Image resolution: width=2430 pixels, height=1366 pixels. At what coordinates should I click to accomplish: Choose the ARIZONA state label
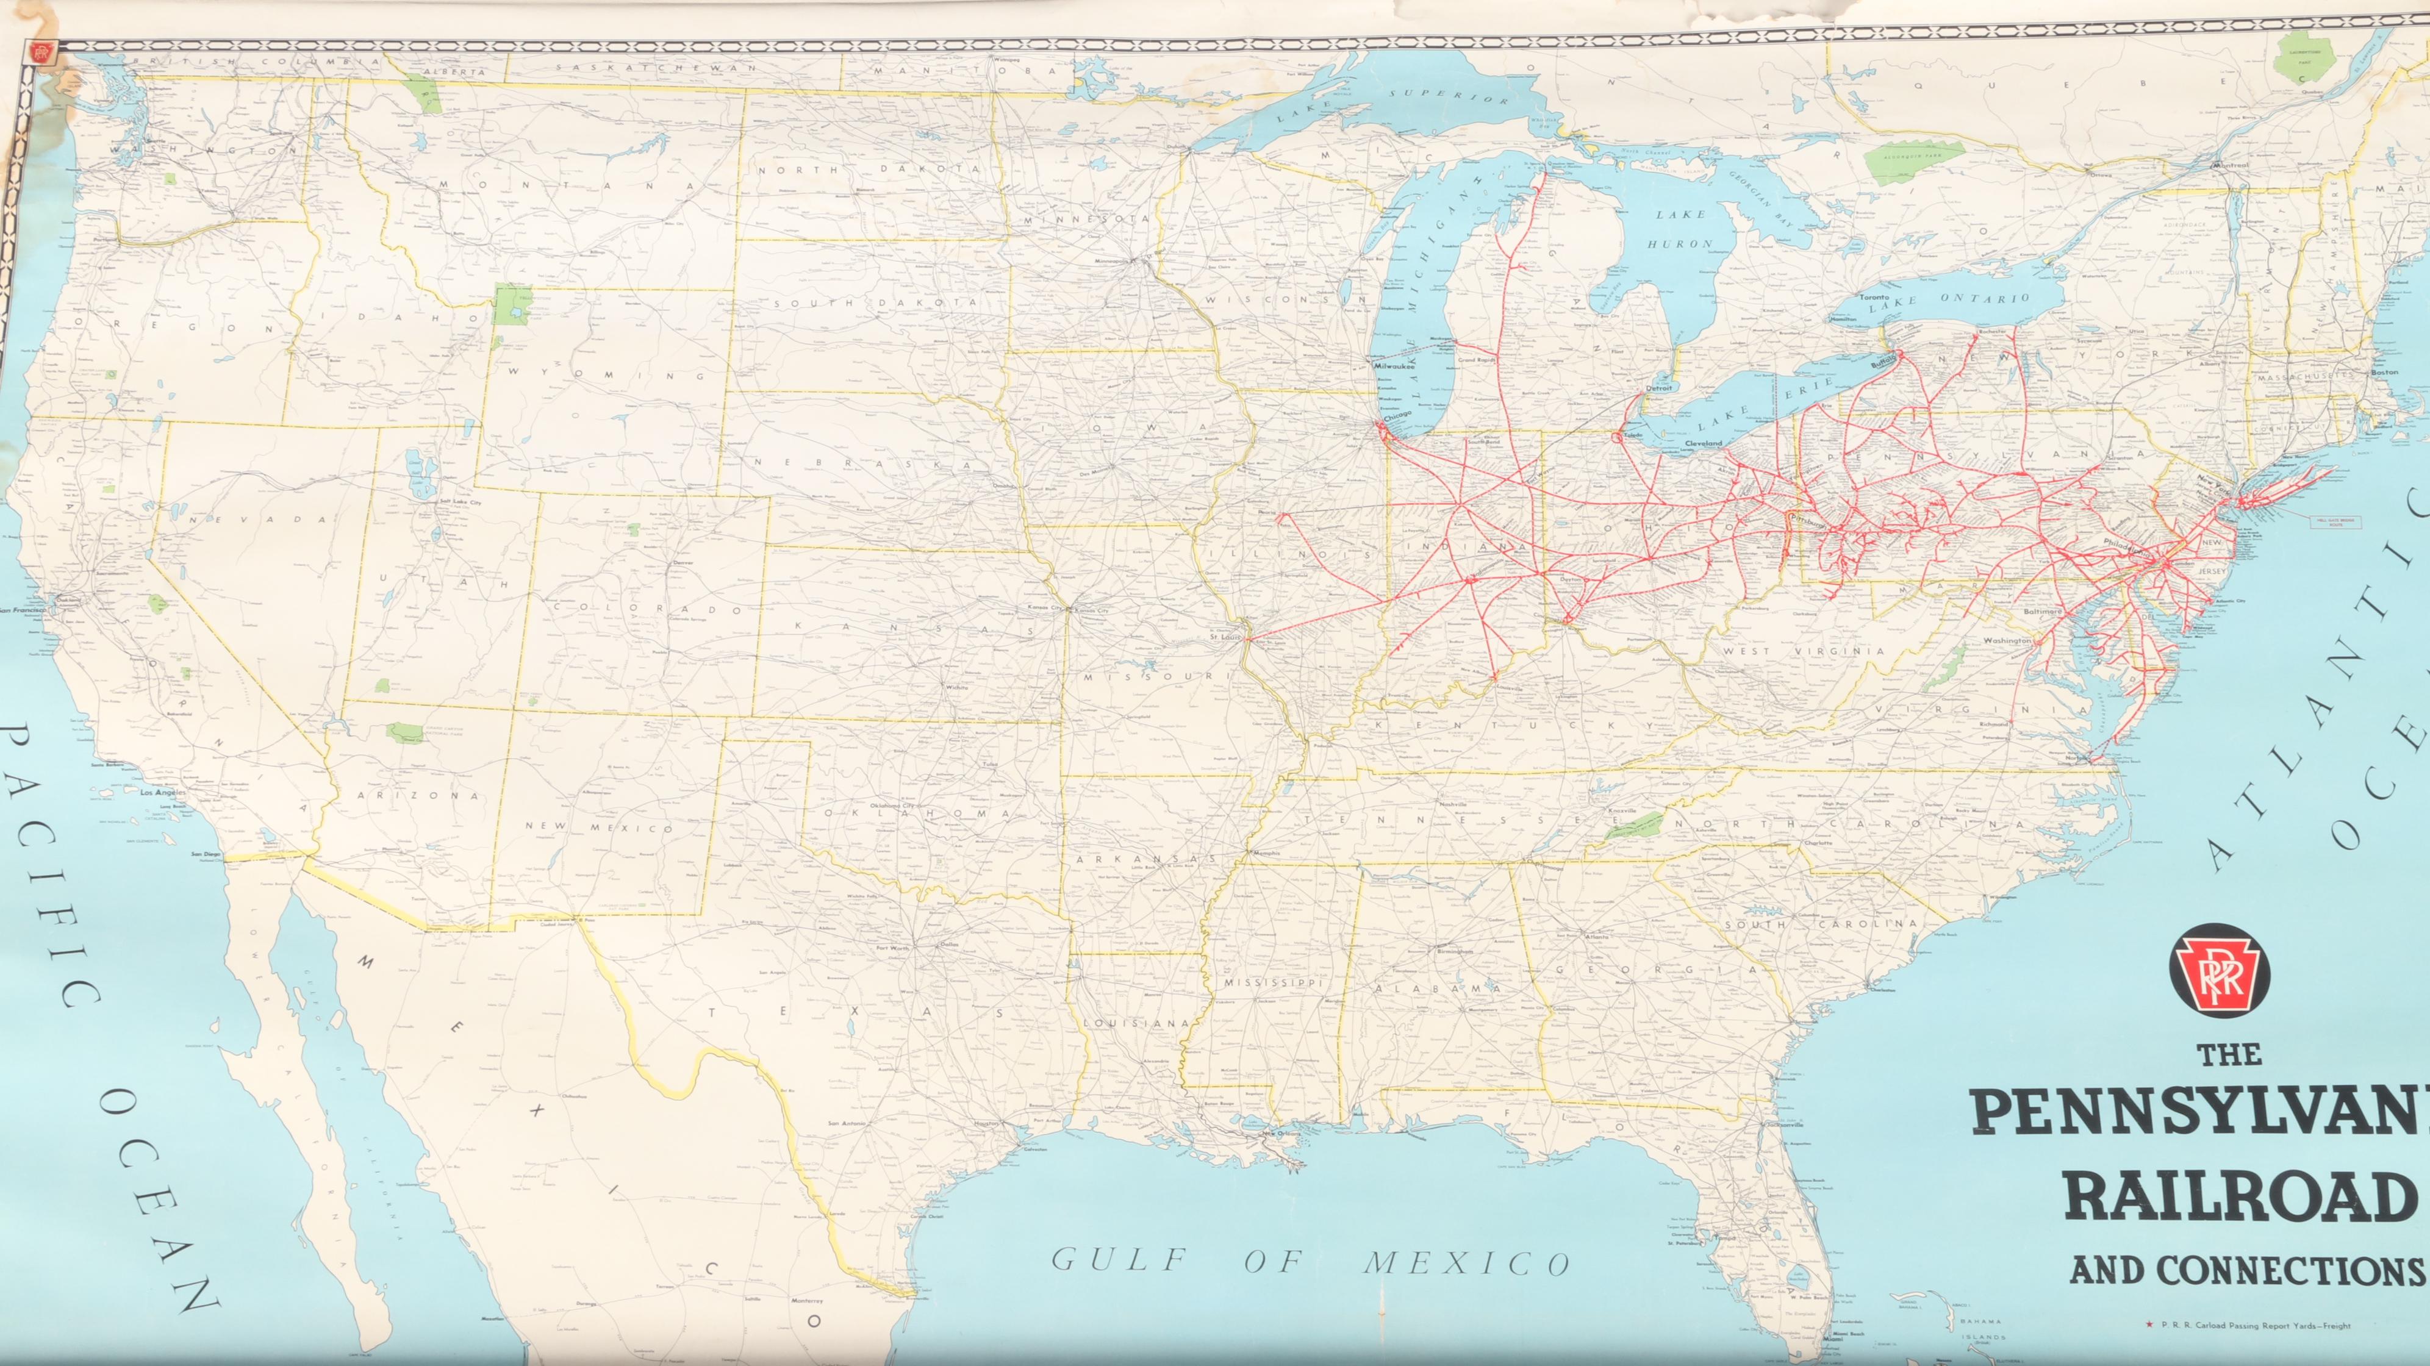click(x=418, y=795)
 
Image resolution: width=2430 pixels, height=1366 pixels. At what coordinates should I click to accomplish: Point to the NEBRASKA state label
click(x=862, y=462)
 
